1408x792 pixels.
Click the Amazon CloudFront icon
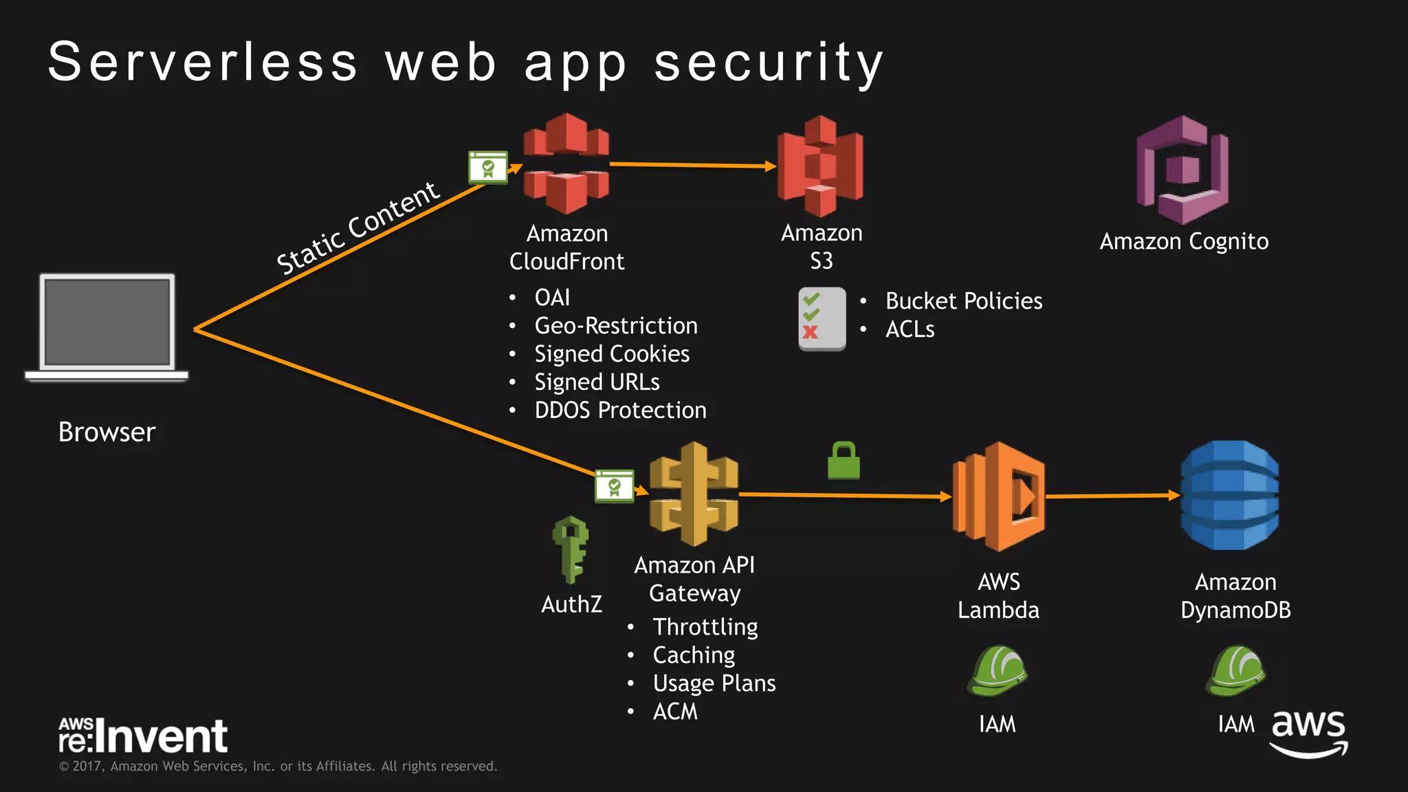[x=566, y=164]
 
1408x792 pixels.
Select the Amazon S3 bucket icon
[x=820, y=166]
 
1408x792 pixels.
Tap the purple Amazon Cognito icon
[x=1182, y=169]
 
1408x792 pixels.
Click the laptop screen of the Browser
[x=107, y=322]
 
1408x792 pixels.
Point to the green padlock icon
[x=844, y=461]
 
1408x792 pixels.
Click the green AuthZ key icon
[x=571, y=549]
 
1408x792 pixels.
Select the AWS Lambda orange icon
[x=998, y=496]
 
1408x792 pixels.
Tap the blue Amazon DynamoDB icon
[x=1230, y=495]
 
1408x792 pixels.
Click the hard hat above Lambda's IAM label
[x=998, y=670]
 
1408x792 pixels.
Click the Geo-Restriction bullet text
[x=616, y=326]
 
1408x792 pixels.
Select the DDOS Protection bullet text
[x=620, y=410]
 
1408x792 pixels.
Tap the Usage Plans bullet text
[x=714, y=683]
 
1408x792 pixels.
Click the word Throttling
[x=705, y=627]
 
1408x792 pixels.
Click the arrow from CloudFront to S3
[x=692, y=165]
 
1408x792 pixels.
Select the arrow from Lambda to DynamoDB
[x=1112, y=495]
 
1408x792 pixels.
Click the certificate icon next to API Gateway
[x=614, y=487]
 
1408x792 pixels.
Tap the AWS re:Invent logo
[x=143, y=736]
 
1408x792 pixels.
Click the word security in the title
[x=768, y=62]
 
